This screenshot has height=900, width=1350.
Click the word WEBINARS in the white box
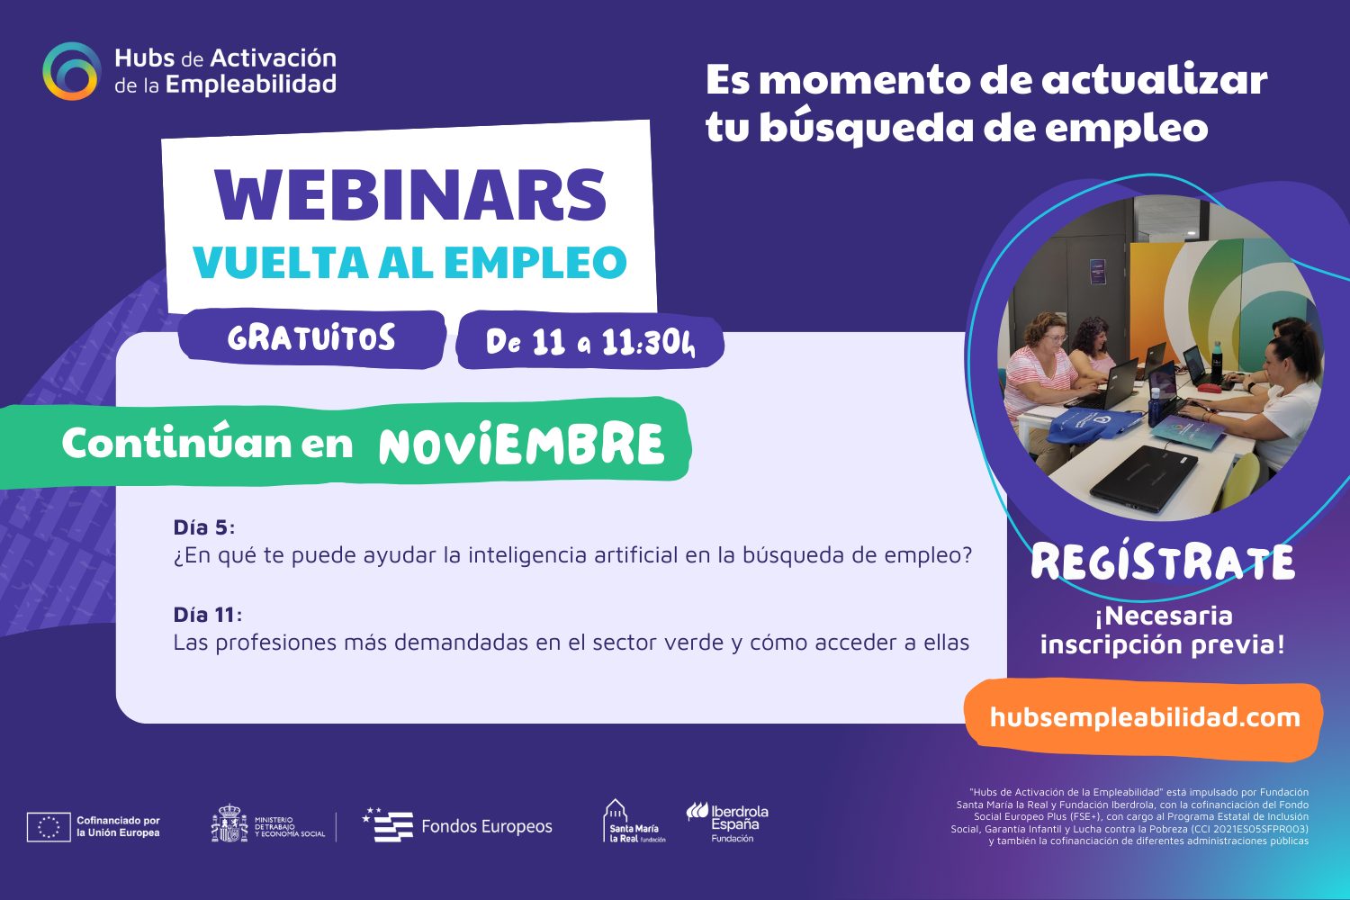pyautogui.click(x=410, y=194)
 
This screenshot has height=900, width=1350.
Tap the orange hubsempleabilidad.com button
pyautogui.click(x=1144, y=719)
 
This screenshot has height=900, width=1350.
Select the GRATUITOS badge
pyautogui.click(x=311, y=337)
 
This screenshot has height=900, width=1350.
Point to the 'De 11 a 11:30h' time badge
pyautogui.click(x=590, y=342)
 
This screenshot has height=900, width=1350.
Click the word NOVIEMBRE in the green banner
pyautogui.click(x=521, y=445)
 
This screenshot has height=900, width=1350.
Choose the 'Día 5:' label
pyautogui.click(x=203, y=527)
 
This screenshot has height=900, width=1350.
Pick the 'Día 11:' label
pyautogui.click(x=207, y=615)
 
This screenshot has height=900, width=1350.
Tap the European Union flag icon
pyautogui.click(x=49, y=826)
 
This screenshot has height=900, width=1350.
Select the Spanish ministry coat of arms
pyautogui.click(x=229, y=823)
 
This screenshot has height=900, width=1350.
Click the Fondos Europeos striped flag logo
pyautogui.click(x=389, y=824)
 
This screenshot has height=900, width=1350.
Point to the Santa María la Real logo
pyautogui.click(x=633, y=821)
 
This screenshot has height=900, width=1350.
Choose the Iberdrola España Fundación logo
pyautogui.click(x=727, y=823)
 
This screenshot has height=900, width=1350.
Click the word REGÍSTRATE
pyautogui.click(x=1163, y=562)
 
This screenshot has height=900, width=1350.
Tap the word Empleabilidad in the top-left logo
pyautogui.click(x=251, y=85)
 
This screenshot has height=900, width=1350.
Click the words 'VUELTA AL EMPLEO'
pyautogui.click(x=409, y=262)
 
